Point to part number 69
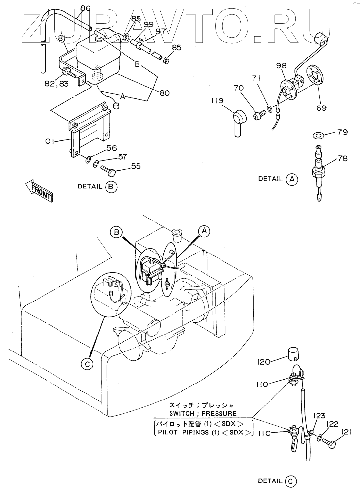pyautogui.click(x=321, y=107)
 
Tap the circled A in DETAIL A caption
pyautogui.click(x=292, y=179)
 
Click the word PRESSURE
pyautogui.click(x=219, y=413)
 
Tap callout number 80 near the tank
pyautogui.click(x=165, y=93)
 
